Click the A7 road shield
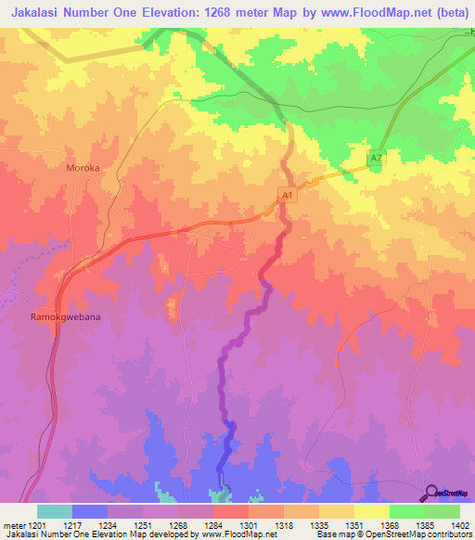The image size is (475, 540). [x=376, y=160]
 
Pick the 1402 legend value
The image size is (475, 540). [x=460, y=524]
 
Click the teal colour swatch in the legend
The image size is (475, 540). [x=54, y=511]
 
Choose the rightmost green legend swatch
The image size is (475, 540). [x=443, y=511]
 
